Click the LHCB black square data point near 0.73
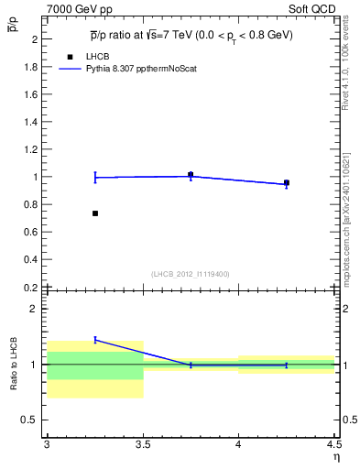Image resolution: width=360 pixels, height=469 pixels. pos(95,213)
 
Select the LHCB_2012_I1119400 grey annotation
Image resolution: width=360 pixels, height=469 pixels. pos(191,274)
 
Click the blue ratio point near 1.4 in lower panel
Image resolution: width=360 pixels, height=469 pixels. pos(95,339)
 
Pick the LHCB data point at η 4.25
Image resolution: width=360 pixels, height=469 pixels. pos(286,182)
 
